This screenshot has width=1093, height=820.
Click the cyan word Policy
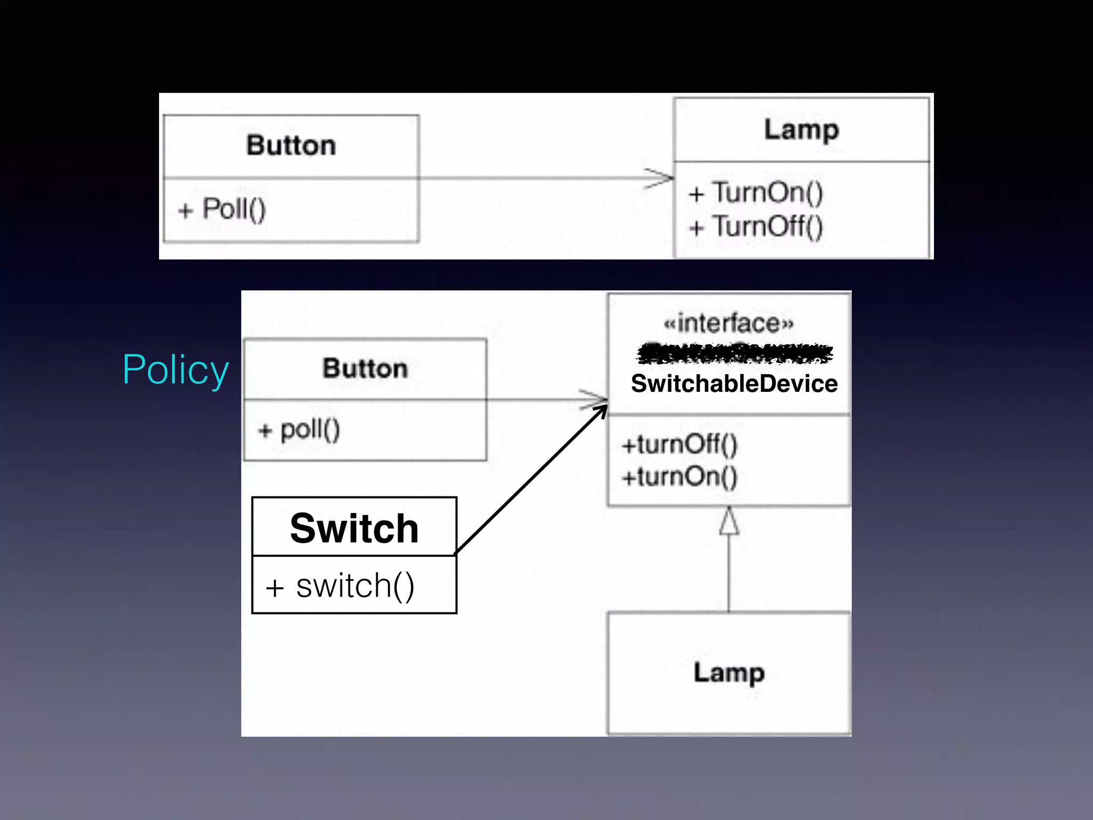[176, 369]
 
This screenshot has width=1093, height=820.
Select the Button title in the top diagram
[291, 146]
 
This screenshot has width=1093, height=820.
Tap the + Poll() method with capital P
[221, 209]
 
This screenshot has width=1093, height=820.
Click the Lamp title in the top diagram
[801, 130]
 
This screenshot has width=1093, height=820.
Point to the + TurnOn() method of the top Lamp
[756, 193]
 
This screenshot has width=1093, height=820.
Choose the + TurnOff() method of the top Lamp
[756, 226]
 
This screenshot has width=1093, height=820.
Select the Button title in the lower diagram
[365, 368]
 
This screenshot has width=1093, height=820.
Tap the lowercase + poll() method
[299, 429]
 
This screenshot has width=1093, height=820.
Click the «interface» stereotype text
[728, 323]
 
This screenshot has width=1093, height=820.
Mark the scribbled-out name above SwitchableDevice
[734, 353]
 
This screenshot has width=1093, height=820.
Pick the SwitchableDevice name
[734, 384]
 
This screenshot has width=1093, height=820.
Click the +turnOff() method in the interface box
[679, 444]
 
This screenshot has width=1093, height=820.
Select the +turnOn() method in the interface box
[679, 476]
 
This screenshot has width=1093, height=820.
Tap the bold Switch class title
[354, 528]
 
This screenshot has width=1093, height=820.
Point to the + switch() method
[340, 586]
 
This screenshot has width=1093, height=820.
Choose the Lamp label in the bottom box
[729, 673]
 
